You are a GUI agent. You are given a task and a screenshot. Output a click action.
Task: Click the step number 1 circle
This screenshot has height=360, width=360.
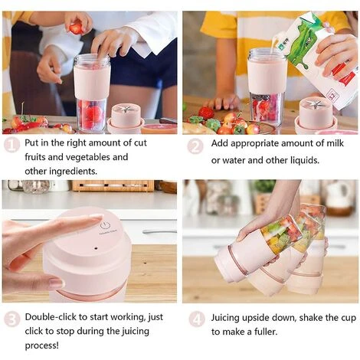(x=11, y=145)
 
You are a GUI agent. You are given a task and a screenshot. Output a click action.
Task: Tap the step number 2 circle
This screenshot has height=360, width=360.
(x=195, y=146)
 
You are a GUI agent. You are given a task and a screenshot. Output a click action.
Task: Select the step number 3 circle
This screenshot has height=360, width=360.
(x=11, y=319)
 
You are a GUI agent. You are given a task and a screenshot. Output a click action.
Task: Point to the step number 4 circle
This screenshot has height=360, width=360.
(x=197, y=319)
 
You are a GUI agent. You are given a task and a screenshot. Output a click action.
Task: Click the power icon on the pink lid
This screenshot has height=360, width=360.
(x=104, y=226)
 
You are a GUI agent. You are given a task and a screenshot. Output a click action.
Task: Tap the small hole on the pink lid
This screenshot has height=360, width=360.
(x=96, y=248)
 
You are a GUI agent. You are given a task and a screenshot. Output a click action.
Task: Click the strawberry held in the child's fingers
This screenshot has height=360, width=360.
(x=76, y=28)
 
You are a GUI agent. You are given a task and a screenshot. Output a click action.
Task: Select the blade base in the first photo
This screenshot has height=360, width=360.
(x=125, y=118)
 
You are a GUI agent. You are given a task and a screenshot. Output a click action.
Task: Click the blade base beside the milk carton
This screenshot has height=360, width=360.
(x=314, y=115)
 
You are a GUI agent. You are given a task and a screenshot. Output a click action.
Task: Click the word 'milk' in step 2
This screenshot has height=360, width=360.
(x=335, y=143)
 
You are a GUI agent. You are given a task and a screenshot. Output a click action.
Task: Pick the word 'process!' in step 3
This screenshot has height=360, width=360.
(x=41, y=345)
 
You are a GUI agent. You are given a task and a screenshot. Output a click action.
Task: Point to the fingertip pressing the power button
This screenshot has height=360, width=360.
(x=97, y=218)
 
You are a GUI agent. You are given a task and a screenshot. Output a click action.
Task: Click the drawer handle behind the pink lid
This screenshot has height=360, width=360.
(x=159, y=231)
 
